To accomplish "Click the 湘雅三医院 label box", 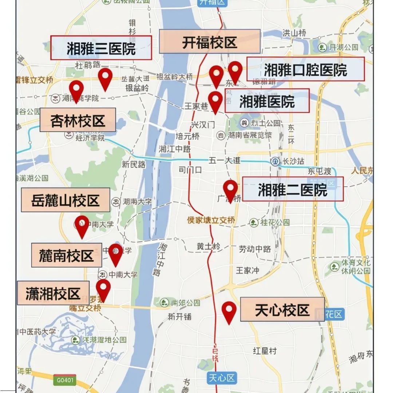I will click(x=101, y=48).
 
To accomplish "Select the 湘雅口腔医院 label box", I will click(x=305, y=69).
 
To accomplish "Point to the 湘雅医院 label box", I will click(x=267, y=101).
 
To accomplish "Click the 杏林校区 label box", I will click(x=78, y=120).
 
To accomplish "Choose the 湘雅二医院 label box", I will click(x=293, y=189).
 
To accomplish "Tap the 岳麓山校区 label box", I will click(x=65, y=200).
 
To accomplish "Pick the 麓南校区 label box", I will click(x=66, y=255).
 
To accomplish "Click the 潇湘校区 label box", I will click(x=53, y=293).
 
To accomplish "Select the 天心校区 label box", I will click(x=282, y=309).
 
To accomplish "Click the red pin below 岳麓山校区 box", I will click(x=82, y=226).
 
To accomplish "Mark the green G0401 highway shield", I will click(x=65, y=380).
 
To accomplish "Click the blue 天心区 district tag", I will click(x=222, y=378).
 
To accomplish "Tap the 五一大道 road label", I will click(x=225, y=160).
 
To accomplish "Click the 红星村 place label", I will click(x=265, y=351).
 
